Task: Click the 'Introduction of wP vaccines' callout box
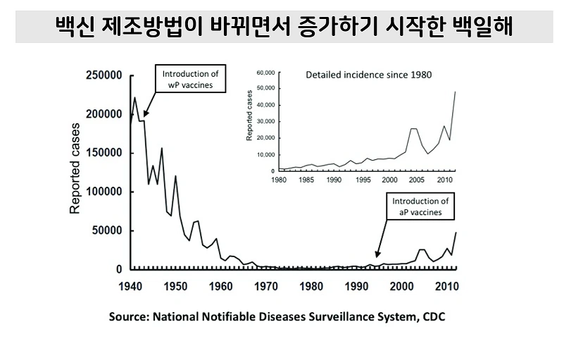point(190,79)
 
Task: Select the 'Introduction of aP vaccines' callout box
point(420,207)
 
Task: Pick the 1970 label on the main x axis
point(266,286)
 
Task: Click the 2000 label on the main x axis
point(402,286)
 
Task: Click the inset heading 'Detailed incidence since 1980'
point(368,74)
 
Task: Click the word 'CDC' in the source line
point(433,317)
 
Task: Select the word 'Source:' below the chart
point(129,317)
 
